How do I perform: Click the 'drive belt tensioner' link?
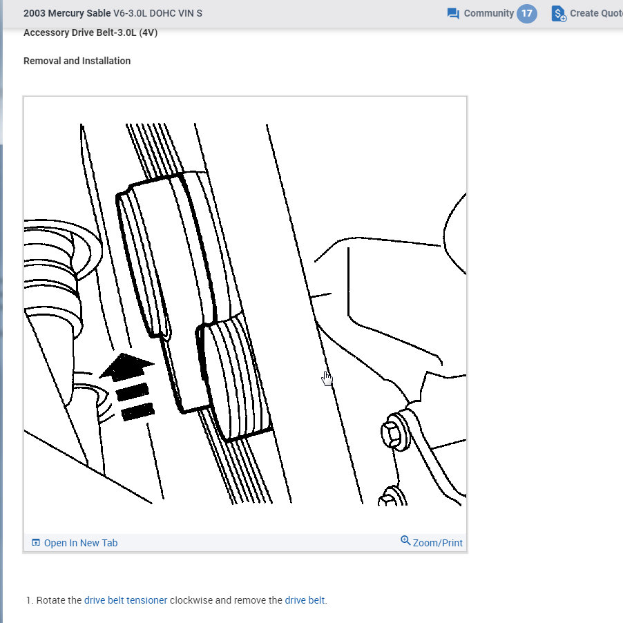click(x=125, y=600)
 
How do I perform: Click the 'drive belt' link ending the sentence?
click(x=304, y=600)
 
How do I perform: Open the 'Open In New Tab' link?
click(x=80, y=543)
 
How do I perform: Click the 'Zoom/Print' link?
click(x=437, y=543)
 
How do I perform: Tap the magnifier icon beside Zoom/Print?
click(x=405, y=541)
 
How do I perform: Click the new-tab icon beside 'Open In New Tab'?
click(x=36, y=543)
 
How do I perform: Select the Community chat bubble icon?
click(x=453, y=14)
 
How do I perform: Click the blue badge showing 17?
click(x=526, y=13)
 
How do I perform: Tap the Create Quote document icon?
click(x=558, y=14)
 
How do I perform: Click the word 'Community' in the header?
click(x=488, y=13)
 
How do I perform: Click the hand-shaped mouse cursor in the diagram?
click(x=327, y=378)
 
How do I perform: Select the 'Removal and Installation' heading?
click(x=77, y=61)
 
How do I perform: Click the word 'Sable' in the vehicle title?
click(x=97, y=13)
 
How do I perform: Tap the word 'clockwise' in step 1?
click(x=191, y=600)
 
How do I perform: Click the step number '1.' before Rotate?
click(x=30, y=600)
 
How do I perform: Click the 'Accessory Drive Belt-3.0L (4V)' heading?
click(x=90, y=32)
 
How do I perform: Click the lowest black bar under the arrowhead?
click(x=137, y=412)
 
